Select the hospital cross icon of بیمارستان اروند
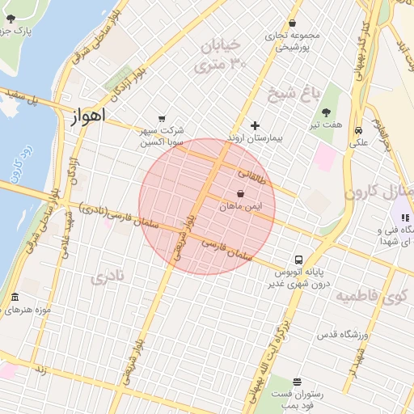(x=255, y=125)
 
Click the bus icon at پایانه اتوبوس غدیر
(x=298, y=260)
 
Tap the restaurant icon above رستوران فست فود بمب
(x=297, y=381)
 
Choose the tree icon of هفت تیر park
(x=327, y=112)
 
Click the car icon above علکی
(x=357, y=130)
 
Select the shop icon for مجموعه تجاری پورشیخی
(x=292, y=23)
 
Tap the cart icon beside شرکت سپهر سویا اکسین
(x=163, y=117)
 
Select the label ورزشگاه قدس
(x=340, y=334)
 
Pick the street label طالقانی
(x=251, y=174)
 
